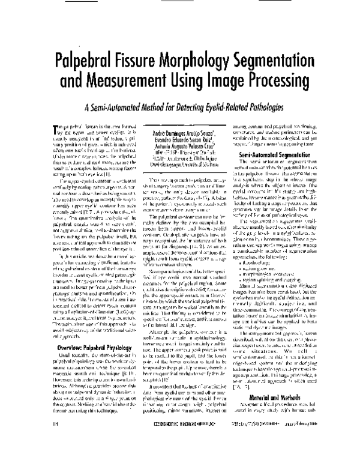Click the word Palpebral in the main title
[91, 64]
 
